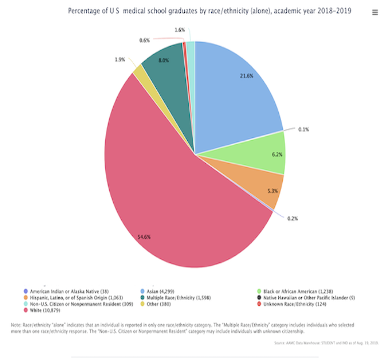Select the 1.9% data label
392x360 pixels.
pyautogui.click(x=120, y=59)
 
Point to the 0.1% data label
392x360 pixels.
pyautogui.click(x=304, y=129)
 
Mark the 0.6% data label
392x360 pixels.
pyautogui.click(x=145, y=40)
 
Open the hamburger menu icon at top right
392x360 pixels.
pyautogui.click(x=375, y=13)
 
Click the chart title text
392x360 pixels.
pyautogui.click(x=210, y=11)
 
